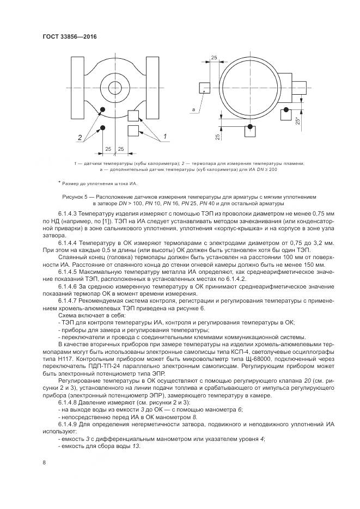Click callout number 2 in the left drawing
(x=80, y=137)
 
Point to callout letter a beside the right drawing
(x=193, y=110)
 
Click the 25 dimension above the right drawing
(x=214, y=57)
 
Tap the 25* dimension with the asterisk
(x=297, y=121)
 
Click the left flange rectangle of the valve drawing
(x=78, y=88)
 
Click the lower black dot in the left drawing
(x=102, y=129)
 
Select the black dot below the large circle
(x=249, y=127)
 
